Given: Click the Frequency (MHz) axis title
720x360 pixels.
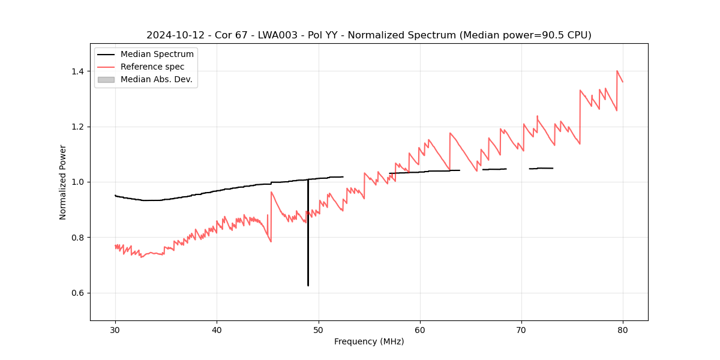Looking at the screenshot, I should click(369, 341).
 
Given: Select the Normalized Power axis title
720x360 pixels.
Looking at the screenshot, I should click(63, 182).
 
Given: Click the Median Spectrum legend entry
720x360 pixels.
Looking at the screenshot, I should click(157, 55).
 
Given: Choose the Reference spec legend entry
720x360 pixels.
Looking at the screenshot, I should click(152, 67).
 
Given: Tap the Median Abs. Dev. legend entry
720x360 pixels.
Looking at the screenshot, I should click(156, 79).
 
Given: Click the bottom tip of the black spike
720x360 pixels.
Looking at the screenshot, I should click(308, 286).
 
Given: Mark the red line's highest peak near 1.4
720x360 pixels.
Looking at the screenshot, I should click(617, 71).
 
